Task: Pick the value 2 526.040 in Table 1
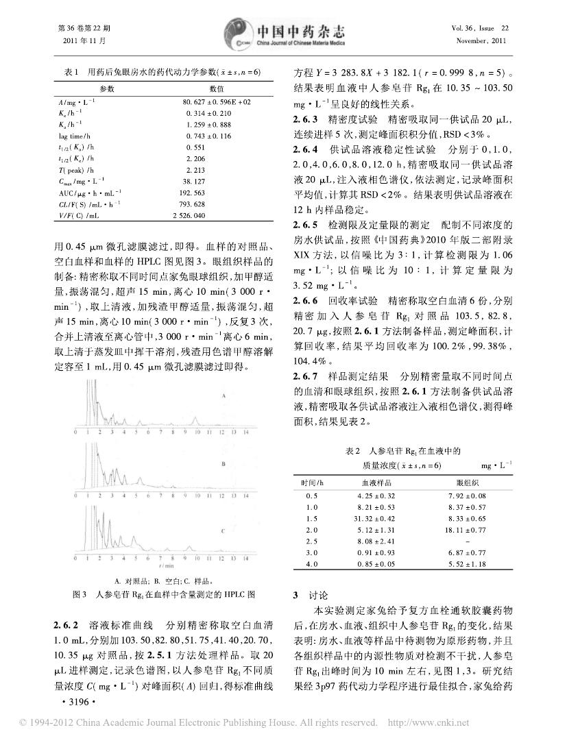[206, 215]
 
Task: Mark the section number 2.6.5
[305, 225]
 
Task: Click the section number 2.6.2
[65, 625]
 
